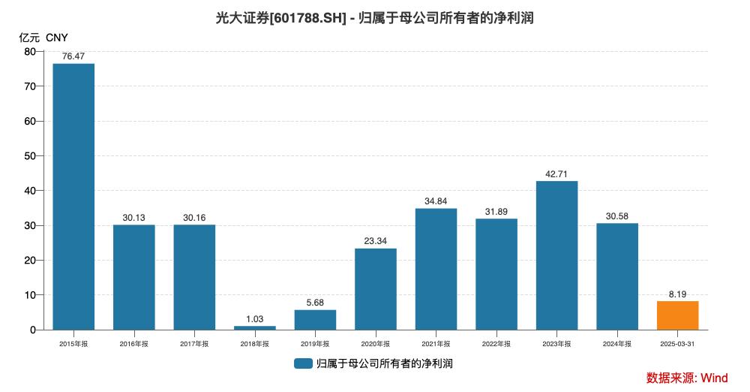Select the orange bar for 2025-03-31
pyautogui.click(x=677, y=315)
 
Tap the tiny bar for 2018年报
pyautogui.click(x=254, y=327)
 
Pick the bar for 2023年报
pyautogui.click(x=556, y=255)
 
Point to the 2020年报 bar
pyautogui.click(x=375, y=289)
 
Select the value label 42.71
pyautogui.click(x=556, y=174)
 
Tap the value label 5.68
pyautogui.click(x=315, y=303)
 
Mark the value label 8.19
pyautogui.click(x=677, y=294)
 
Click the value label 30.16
pyautogui.click(x=194, y=218)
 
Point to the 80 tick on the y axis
pyautogui.click(x=30, y=52)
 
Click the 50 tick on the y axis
pyautogui.click(x=30, y=156)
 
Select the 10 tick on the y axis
pyautogui.click(x=30, y=295)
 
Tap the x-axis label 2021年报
pyautogui.click(x=436, y=344)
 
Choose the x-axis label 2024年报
pyautogui.click(x=617, y=344)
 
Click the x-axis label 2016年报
pyautogui.click(x=133, y=344)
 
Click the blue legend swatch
pyautogui.click(x=303, y=363)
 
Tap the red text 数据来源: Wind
pyautogui.click(x=686, y=378)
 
